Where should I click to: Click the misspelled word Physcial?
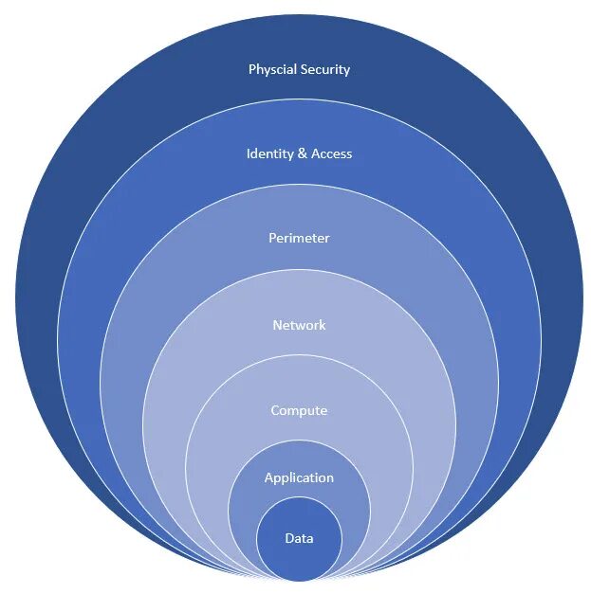click(271, 70)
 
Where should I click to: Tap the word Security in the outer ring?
click(323, 69)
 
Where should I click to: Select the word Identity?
click(269, 153)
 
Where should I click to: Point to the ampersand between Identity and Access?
click(303, 153)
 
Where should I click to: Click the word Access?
click(331, 153)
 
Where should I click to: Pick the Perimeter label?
click(299, 238)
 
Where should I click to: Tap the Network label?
click(299, 325)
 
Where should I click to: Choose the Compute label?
click(299, 410)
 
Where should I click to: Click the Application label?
click(299, 478)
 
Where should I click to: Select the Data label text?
click(299, 538)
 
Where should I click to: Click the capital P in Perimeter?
click(272, 238)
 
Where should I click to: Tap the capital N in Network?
click(277, 325)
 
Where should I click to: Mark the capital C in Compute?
click(275, 410)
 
